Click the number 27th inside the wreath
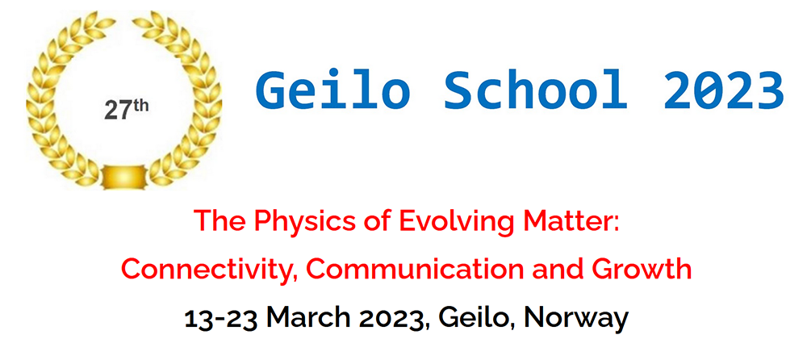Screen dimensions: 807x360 coord(127,108)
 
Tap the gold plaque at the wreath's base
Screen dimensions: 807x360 coord(123,177)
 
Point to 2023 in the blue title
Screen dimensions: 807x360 coord(724,91)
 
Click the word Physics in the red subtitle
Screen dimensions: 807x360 coord(294,223)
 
